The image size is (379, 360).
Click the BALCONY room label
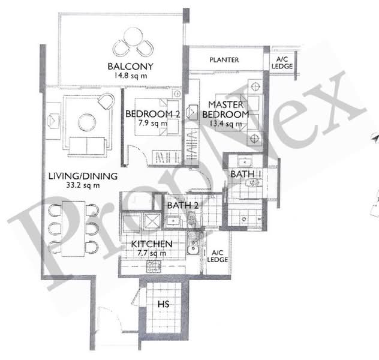click(131, 67)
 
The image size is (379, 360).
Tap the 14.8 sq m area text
click(131, 76)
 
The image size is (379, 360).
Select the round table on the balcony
click(133, 37)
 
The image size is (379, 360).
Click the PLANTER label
click(224, 60)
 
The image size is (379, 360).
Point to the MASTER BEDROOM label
click(225, 110)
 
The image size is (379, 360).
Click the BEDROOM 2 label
click(152, 114)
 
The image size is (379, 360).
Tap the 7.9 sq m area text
click(153, 124)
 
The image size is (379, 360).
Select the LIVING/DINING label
click(83, 176)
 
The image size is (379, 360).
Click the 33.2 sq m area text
click(83, 185)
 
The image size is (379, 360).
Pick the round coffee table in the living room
click(87, 122)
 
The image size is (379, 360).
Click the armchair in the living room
click(106, 101)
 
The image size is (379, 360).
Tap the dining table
click(74, 229)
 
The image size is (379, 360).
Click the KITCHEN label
click(152, 244)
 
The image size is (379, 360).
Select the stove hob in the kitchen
click(154, 266)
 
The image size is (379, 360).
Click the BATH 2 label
click(183, 206)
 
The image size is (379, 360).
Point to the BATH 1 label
click(246, 174)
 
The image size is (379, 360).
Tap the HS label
click(163, 304)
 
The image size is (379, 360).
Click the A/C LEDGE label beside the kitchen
click(217, 256)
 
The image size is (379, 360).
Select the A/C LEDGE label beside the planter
click(282, 63)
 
